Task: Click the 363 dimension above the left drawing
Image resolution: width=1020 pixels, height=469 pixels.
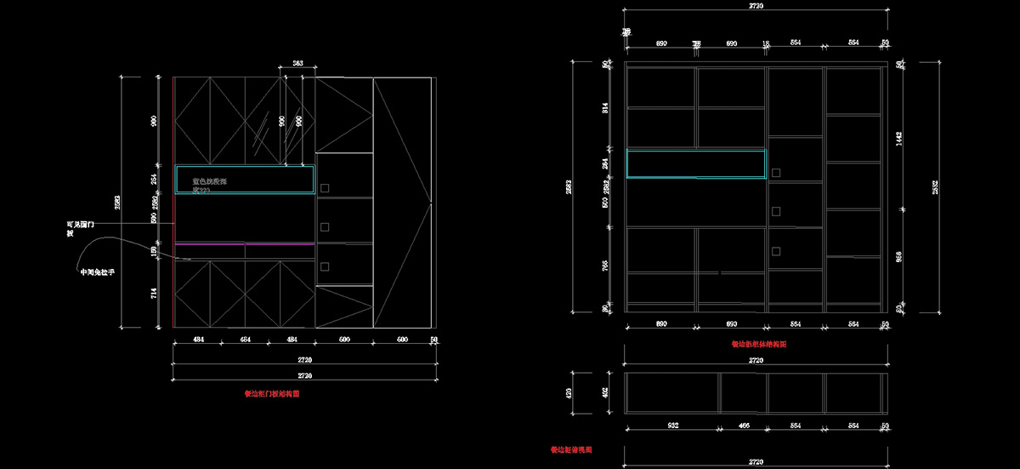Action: [x=298, y=63]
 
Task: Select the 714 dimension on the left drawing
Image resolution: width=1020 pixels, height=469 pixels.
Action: [x=154, y=294]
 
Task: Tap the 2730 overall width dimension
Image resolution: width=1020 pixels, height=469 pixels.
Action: [x=756, y=6]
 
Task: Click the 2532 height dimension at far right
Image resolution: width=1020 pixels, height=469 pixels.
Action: [x=934, y=188]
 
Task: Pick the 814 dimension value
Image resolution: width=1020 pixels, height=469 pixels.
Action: [x=605, y=108]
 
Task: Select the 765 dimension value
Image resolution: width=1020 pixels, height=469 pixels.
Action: [x=605, y=265]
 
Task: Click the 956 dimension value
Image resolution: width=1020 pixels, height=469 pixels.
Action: [x=898, y=255]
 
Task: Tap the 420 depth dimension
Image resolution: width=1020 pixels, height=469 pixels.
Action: [x=581, y=393]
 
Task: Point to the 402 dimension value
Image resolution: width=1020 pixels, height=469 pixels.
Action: [x=605, y=393]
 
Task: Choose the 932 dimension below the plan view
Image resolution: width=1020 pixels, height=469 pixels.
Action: [x=671, y=424]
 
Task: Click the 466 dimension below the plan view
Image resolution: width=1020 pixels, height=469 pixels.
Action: [x=743, y=424]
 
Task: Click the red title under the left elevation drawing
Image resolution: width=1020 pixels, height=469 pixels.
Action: [x=272, y=394]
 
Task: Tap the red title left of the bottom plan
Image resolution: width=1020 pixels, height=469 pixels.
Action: [x=570, y=449]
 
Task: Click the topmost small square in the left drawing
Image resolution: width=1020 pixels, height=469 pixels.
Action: [x=324, y=187]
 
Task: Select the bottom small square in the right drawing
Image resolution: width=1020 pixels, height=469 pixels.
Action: [x=775, y=250]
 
